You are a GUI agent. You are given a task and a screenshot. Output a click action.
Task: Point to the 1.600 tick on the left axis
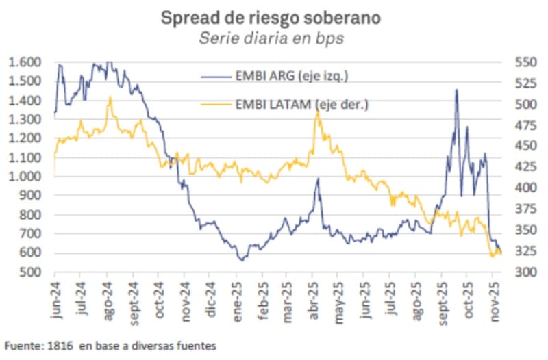(x=24, y=62)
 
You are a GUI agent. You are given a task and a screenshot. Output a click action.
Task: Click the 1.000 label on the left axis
(x=24, y=177)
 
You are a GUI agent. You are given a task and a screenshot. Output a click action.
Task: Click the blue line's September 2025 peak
(x=456, y=90)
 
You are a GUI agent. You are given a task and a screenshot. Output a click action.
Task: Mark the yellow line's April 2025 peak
(x=317, y=112)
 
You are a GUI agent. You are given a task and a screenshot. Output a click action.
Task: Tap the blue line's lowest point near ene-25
(x=240, y=260)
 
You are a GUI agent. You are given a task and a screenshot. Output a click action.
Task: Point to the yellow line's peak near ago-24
(x=109, y=98)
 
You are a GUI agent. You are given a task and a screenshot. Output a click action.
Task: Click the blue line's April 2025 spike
(x=318, y=179)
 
